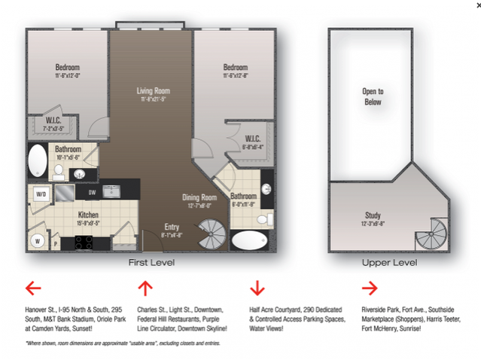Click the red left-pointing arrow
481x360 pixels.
[x=32, y=288]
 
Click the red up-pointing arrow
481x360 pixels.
[x=145, y=288]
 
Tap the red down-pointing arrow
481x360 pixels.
[x=257, y=288]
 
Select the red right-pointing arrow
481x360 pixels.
[x=369, y=288]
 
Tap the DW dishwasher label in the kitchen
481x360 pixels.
[x=92, y=192]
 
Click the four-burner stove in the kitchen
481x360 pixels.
[x=81, y=243]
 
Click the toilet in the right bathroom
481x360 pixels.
[x=263, y=219]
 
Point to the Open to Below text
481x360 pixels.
[x=371, y=97]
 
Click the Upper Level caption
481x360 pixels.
[x=389, y=263]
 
